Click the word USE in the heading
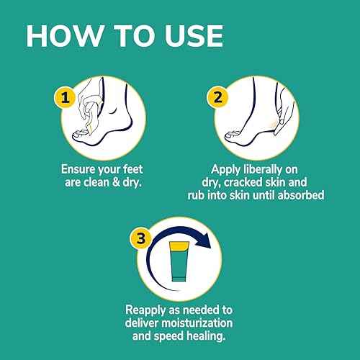(188, 35)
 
